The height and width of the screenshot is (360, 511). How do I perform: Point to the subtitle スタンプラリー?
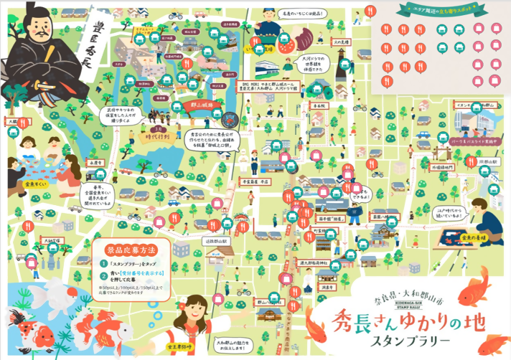[421, 339]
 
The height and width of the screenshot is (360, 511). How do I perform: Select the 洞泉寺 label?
[328, 286]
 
